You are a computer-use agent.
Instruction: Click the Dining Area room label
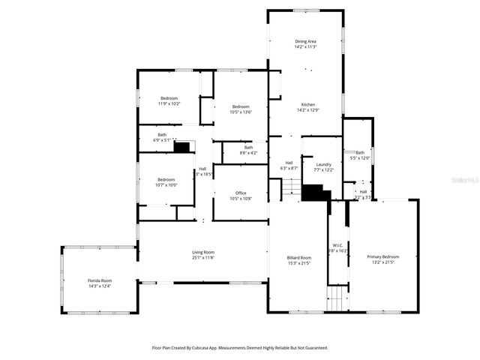pos(305,42)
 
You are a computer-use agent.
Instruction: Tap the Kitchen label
pos(307,104)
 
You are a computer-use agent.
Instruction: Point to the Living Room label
pos(203,252)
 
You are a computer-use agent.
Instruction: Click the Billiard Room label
pos(298,258)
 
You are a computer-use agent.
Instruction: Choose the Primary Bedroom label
pos(382,257)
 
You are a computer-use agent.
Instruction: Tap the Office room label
pos(240,193)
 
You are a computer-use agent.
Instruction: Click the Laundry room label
pos(324,164)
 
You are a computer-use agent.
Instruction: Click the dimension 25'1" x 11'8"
pos(203,258)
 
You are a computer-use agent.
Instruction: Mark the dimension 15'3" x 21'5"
pos(298,264)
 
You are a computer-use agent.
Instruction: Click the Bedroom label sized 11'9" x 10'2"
pos(169,98)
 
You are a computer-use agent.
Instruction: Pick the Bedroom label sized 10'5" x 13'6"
pos(240,106)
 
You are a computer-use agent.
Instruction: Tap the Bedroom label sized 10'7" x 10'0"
pos(166,179)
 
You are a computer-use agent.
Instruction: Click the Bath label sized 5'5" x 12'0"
pos(360,152)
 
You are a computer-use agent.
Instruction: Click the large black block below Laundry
pos(316,193)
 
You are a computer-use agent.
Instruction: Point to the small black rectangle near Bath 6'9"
pos(181,147)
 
